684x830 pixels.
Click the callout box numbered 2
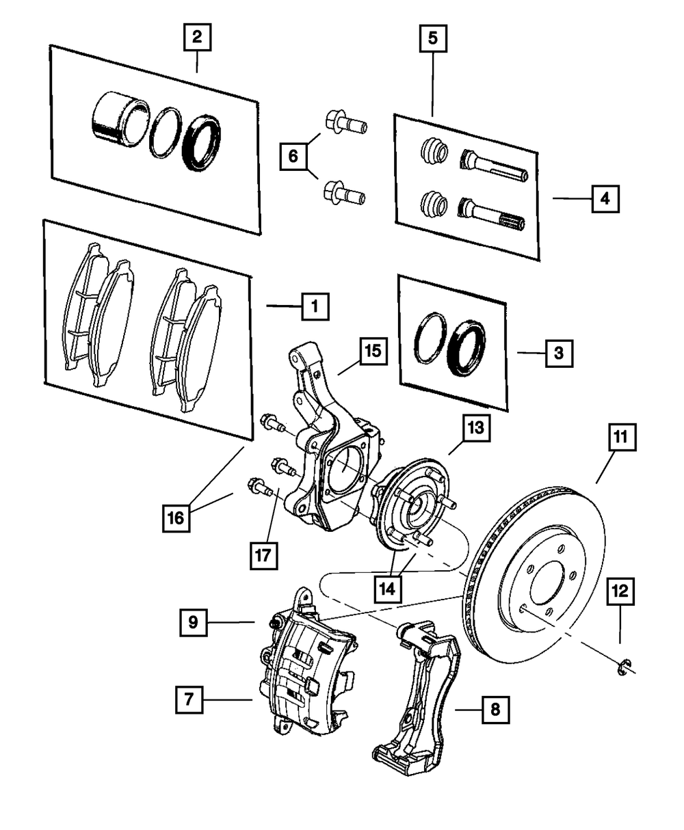[x=196, y=38]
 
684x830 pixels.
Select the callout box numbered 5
[x=432, y=38]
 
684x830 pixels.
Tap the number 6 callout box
[x=292, y=157]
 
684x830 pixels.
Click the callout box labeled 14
[x=388, y=587]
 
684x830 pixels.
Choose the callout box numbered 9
[x=194, y=622]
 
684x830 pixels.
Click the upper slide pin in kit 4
[x=493, y=164]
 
